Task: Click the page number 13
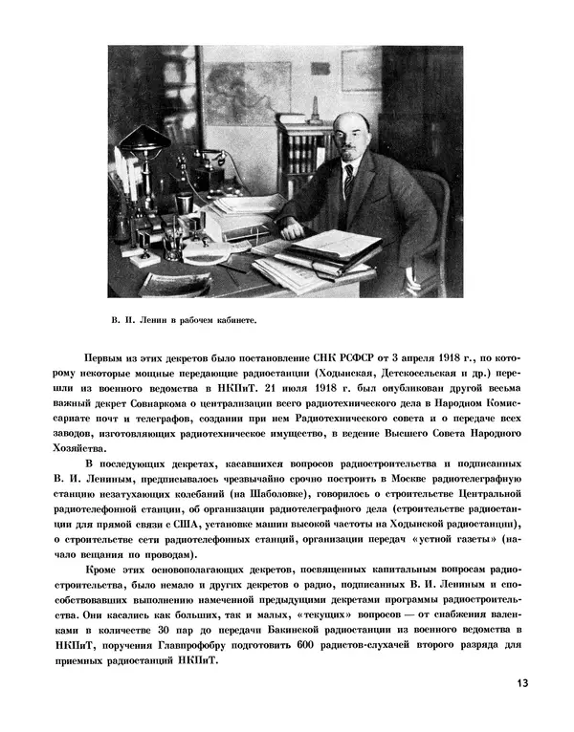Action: click(x=521, y=682)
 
